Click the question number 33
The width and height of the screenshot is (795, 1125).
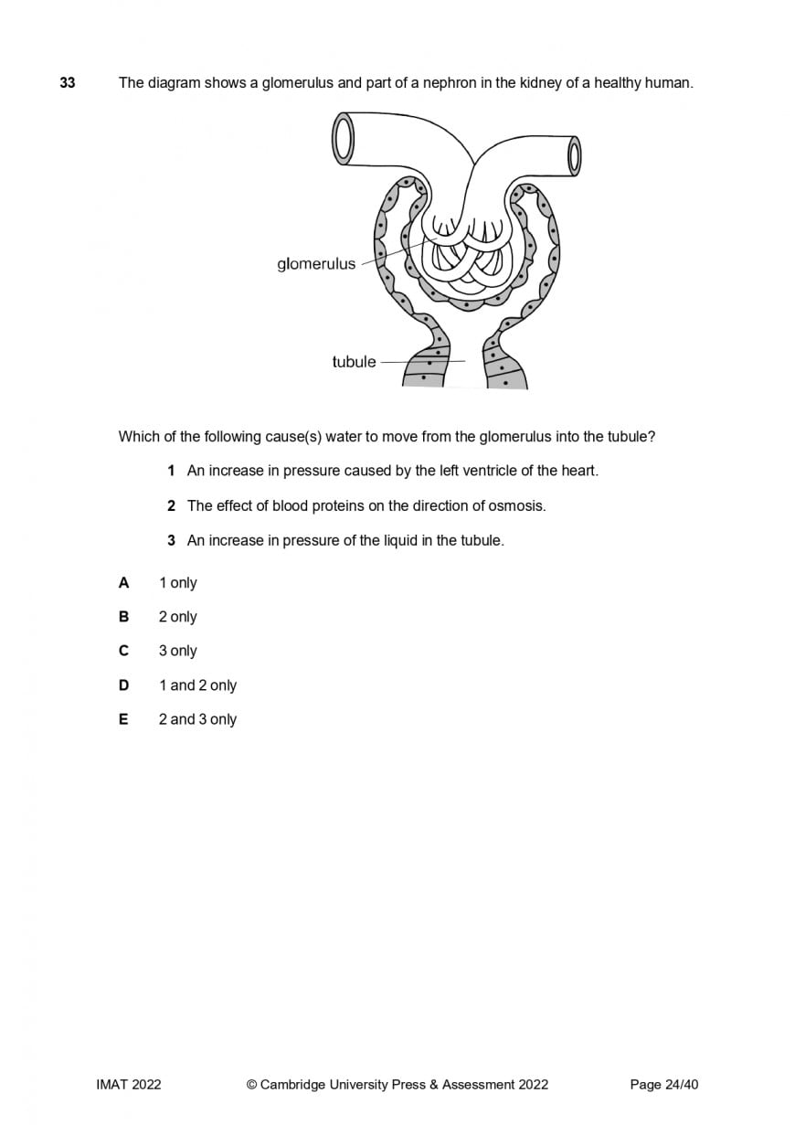(x=68, y=83)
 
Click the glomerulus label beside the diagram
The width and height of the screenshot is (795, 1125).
(x=316, y=264)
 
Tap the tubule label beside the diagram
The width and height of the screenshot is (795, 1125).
(x=354, y=362)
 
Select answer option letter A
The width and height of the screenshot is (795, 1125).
(x=123, y=583)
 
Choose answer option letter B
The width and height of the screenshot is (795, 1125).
(x=123, y=617)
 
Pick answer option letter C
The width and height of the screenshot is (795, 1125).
(x=123, y=651)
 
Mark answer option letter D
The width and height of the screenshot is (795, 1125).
(x=123, y=685)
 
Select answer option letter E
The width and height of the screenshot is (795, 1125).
(x=123, y=719)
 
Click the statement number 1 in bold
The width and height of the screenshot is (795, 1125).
(x=171, y=471)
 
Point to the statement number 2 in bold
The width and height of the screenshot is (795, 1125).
(x=171, y=505)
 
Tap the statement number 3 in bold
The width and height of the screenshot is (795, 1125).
(x=171, y=540)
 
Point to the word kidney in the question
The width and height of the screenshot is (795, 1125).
(x=538, y=83)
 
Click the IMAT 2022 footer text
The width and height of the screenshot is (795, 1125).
(x=128, y=1085)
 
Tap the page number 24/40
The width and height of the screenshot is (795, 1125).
(x=682, y=1085)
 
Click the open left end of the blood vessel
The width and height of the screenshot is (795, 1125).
(x=343, y=140)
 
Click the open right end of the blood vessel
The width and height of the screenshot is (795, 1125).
(x=574, y=155)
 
